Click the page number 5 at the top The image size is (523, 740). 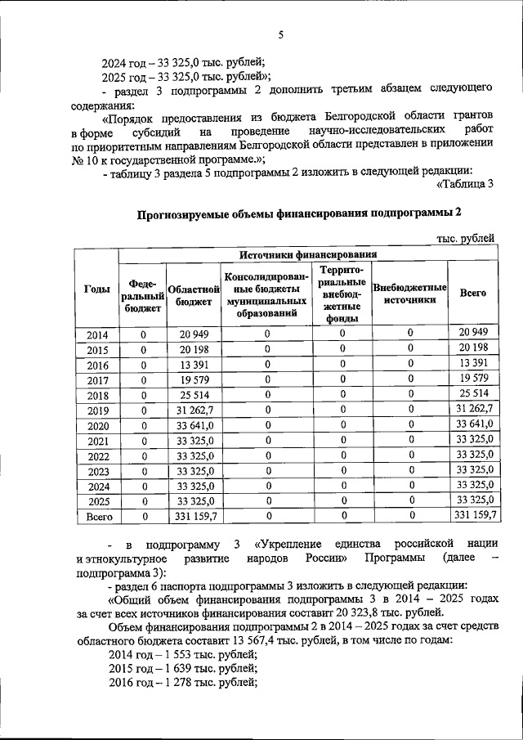coord(279,34)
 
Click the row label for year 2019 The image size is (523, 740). coord(96,410)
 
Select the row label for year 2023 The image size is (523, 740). coord(96,471)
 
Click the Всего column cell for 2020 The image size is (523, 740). coord(474,424)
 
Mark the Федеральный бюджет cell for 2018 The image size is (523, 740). coord(143,395)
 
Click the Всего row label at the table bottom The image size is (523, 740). coord(96,516)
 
